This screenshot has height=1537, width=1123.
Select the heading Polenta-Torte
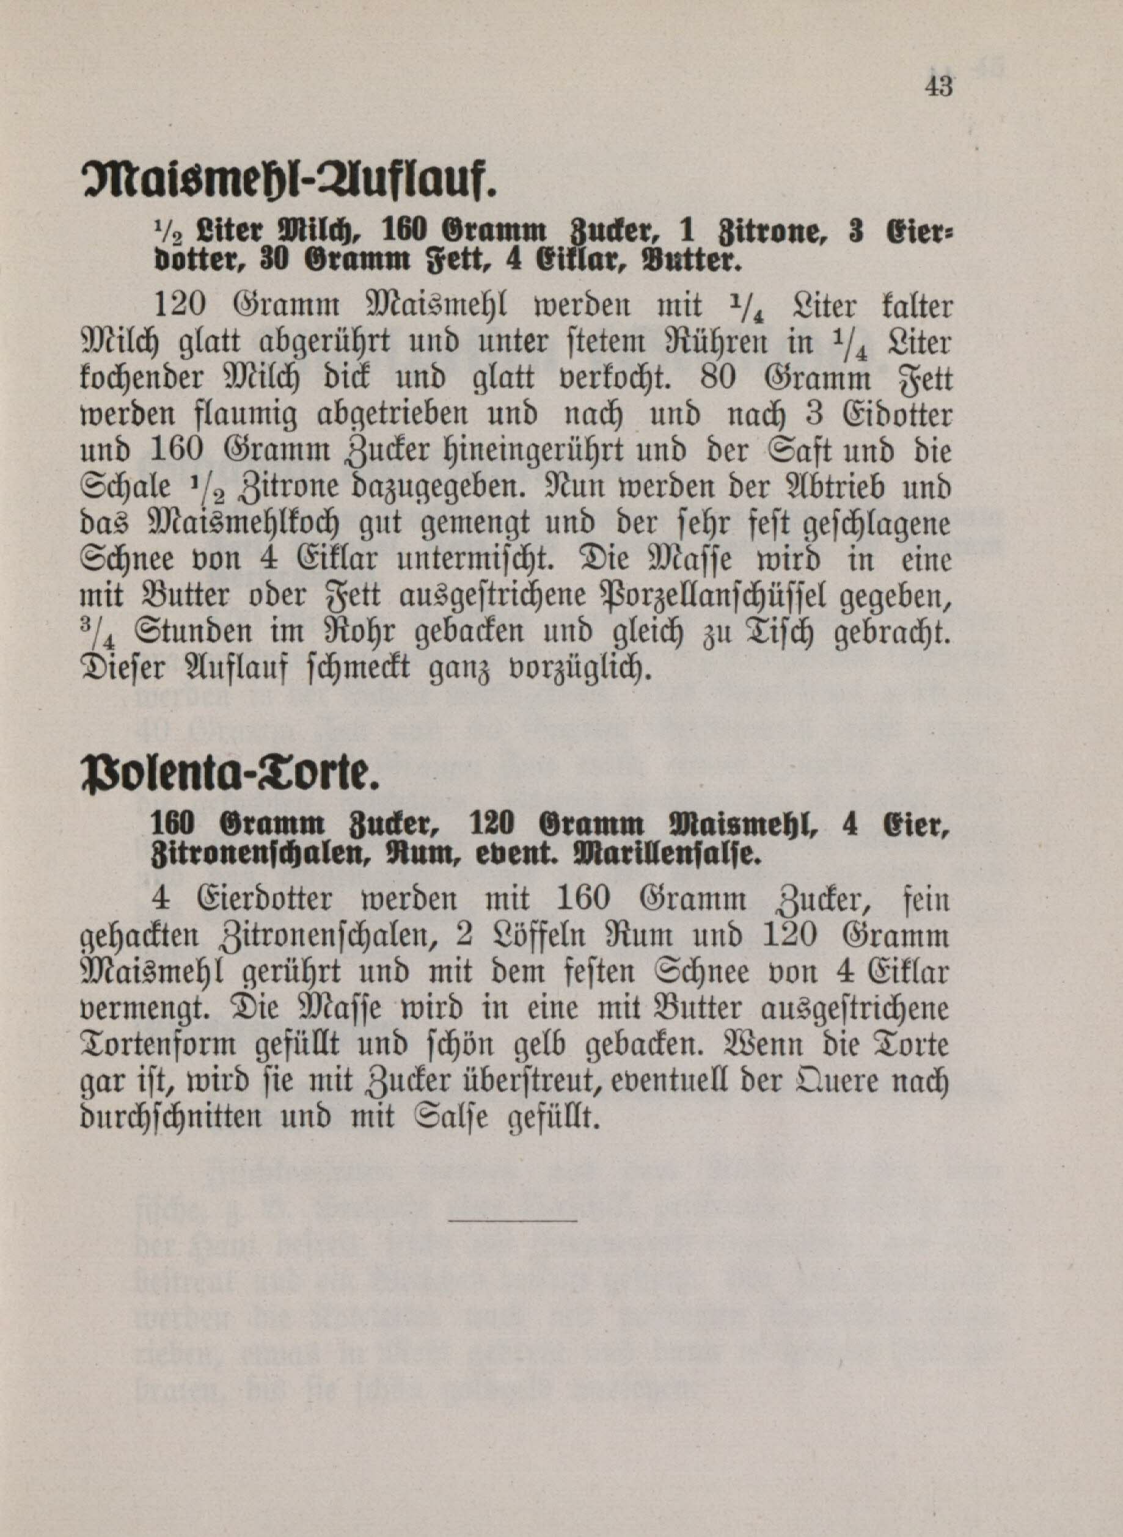point(228,775)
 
